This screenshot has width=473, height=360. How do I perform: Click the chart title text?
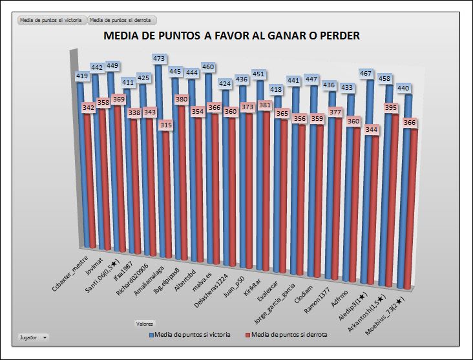231,36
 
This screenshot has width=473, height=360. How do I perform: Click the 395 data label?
392,109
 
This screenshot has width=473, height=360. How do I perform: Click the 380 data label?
182,100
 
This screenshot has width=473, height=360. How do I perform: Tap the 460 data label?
208,67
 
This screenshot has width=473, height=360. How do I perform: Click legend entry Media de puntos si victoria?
189,335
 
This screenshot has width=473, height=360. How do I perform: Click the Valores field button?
145,323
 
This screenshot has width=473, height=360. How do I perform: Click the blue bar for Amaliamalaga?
158,162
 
